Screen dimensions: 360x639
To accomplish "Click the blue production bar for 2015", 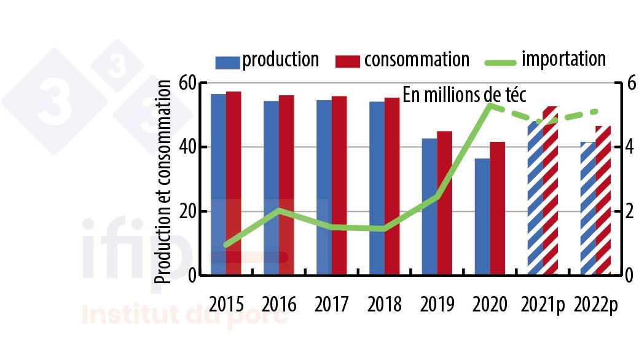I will [x=218, y=184].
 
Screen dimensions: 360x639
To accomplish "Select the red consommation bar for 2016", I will [x=286, y=185].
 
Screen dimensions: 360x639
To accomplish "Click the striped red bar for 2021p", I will [x=550, y=190].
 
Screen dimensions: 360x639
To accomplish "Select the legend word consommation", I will [x=417, y=60].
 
